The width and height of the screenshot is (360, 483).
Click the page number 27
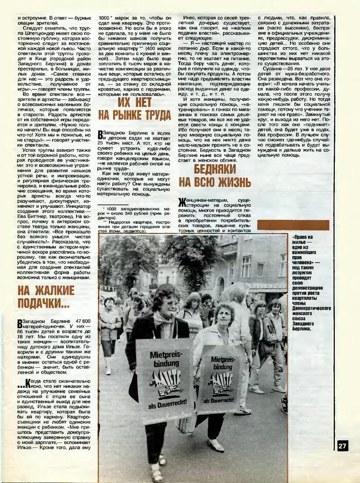tap(343, 445)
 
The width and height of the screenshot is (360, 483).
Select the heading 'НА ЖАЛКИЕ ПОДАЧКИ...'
tap(46, 296)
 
